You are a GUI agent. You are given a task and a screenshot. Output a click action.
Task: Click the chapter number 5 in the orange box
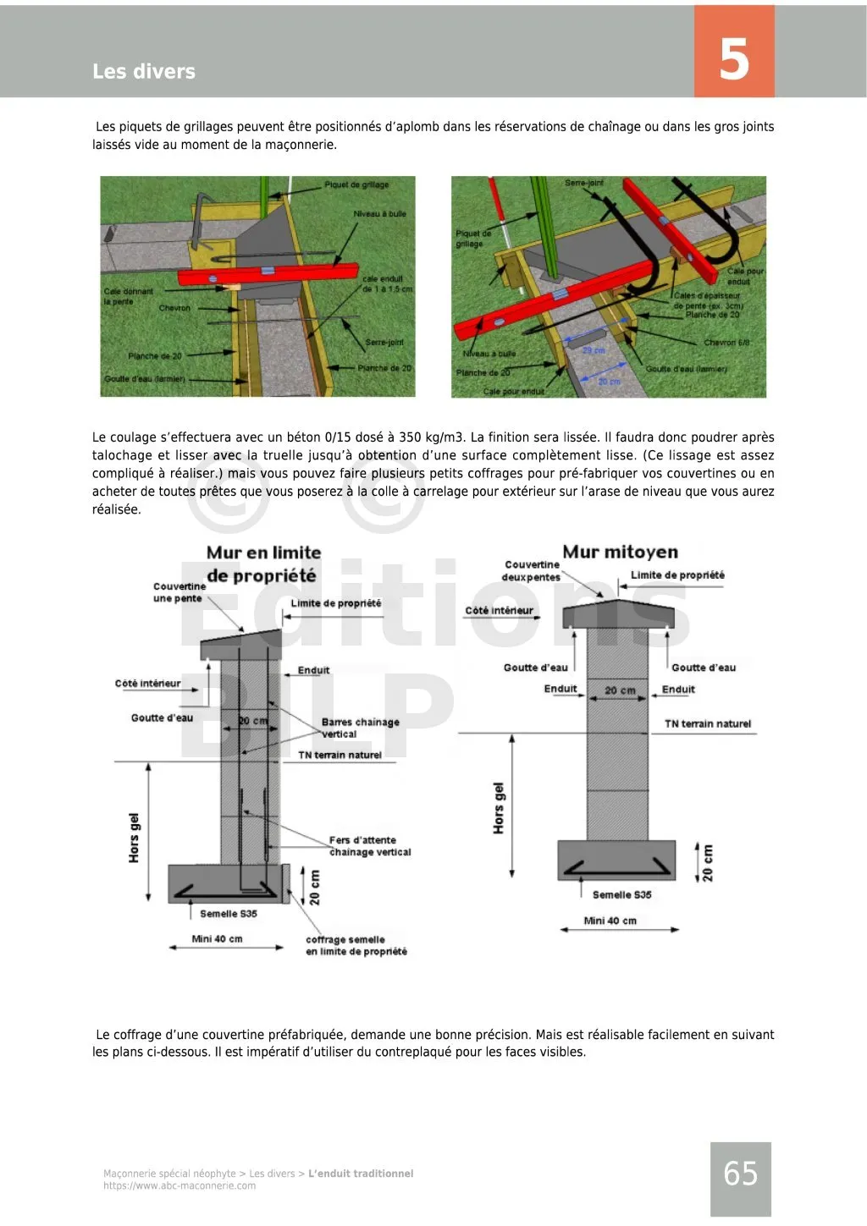click(734, 58)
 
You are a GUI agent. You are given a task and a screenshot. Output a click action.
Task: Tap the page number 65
click(740, 1174)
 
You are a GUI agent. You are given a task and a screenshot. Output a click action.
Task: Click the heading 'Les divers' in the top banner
click(144, 72)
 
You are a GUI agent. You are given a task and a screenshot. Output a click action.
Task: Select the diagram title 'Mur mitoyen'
click(620, 552)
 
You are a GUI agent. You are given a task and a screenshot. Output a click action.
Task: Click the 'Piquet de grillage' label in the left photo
click(356, 184)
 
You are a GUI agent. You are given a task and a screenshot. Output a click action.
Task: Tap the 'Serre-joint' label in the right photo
click(584, 183)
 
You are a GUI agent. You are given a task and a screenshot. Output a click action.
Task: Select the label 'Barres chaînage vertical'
click(360, 728)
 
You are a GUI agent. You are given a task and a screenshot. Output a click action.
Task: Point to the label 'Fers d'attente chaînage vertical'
click(369, 846)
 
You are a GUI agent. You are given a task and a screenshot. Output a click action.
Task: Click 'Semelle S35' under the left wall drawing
click(229, 914)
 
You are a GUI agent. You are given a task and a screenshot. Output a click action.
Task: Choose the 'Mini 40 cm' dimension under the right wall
click(610, 921)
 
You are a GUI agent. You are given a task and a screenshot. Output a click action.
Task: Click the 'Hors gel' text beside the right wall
click(499, 808)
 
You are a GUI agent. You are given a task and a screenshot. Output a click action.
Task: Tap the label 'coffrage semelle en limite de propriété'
click(356, 945)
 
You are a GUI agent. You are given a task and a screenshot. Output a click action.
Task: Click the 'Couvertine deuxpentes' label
click(532, 571)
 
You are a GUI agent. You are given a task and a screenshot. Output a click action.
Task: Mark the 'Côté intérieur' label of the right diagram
click(499, 610)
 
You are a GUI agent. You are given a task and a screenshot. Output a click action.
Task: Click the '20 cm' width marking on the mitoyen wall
click(620, 690)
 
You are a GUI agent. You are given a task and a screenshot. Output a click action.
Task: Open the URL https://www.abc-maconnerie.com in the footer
click(179, 1186)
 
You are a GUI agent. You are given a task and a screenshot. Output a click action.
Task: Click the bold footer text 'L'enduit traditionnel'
click(361, 1174)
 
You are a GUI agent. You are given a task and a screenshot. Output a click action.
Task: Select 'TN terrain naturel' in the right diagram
click(707, 723)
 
